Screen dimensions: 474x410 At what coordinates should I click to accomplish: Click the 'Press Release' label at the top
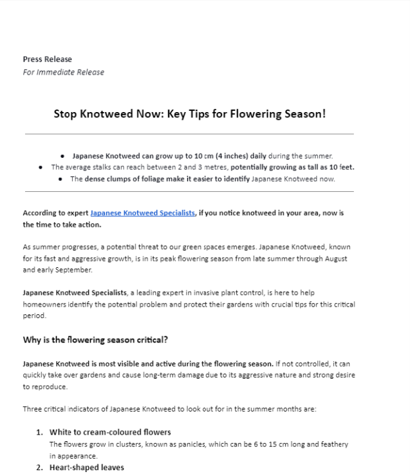(x=47, y=59)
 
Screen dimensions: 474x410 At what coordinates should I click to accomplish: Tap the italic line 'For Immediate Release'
(x=63, y=72)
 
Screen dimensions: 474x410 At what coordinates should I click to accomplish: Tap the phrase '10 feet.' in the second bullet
(x=341, y=167)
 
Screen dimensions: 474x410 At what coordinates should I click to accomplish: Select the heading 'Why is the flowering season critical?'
(x=96, y=339)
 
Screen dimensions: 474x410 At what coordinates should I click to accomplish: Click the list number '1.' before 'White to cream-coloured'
(x=40, y=431)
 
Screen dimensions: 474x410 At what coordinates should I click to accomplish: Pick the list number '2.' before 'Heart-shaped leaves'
(x=40, y=468)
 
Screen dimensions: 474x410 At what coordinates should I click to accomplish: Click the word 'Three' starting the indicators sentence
(x=33, y=409)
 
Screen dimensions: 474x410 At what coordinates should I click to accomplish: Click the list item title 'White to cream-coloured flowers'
(x=110, y=431)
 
